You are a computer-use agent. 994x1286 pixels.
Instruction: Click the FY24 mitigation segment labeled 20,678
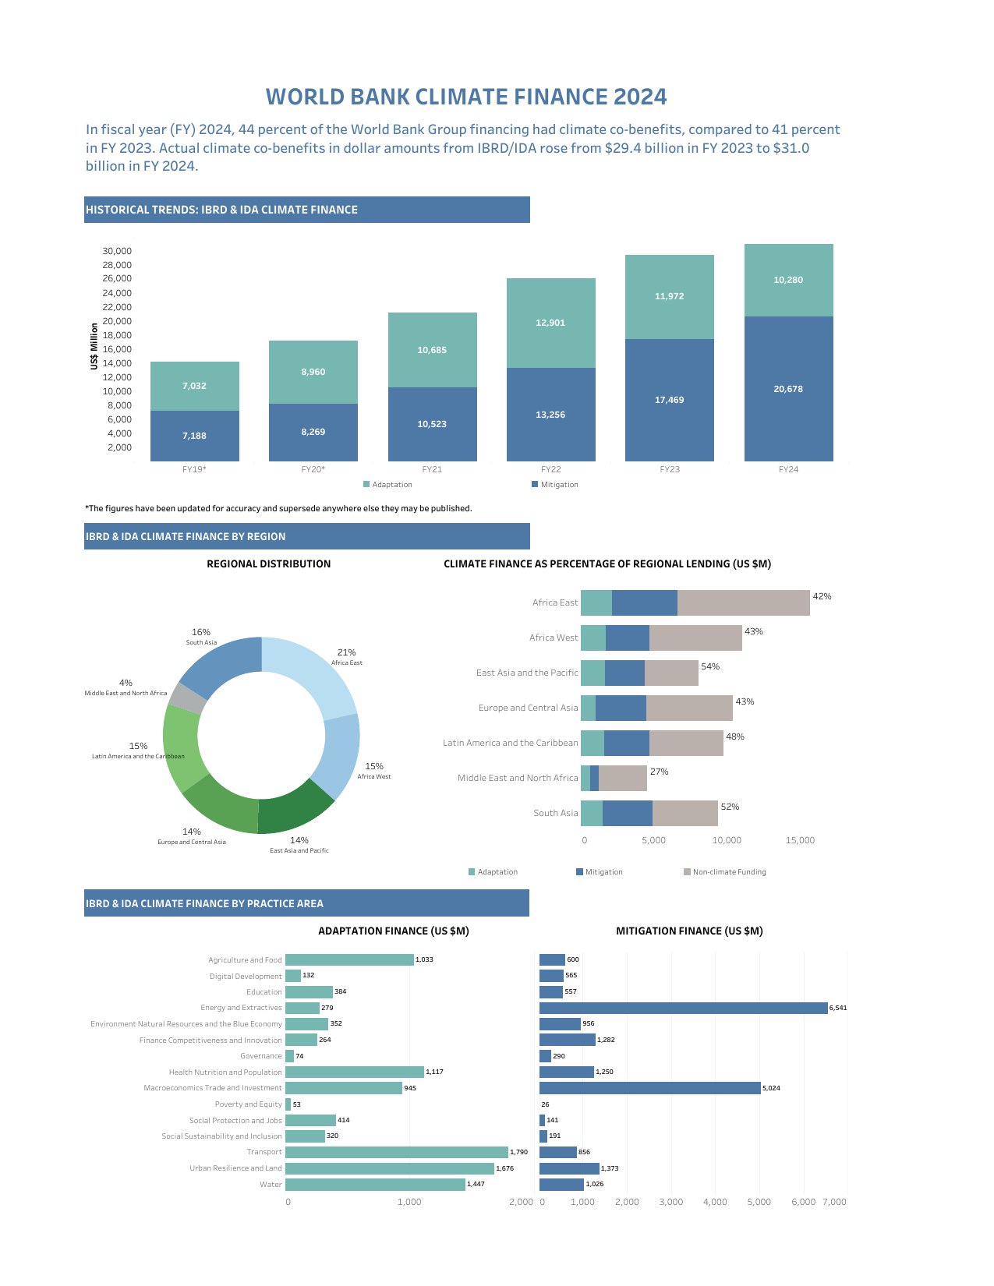pyautogui.click(x=788, y=389)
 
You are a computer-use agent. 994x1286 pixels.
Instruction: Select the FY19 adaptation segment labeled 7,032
pyautogui.click(x=194, y=386)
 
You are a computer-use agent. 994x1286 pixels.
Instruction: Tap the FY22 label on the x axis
pyautogui.click(x=550, y=469)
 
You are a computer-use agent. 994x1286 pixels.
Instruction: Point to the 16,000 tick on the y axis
pyautogui.click(x=117, y=349)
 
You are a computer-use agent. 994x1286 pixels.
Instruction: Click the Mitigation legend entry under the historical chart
pyautogui.click(x=555, y=485)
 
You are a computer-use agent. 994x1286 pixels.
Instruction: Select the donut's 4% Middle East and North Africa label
pyautogui.click(x=126, y=687)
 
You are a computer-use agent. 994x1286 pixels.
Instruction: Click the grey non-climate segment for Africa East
pyautogui.click(x=743, y=602)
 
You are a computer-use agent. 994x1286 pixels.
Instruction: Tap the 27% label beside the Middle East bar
pyautogui.click(x=659, y=772)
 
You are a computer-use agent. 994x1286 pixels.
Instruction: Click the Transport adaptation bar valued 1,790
pyautogui.click(x=396, y=1152)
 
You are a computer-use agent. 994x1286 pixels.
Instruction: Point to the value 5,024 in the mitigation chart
pyautogui.click(x=771, y=1088)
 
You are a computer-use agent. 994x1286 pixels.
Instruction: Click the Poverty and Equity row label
pyautogui.click(x=248, y=1104)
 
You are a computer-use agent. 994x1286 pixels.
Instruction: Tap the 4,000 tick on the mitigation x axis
pyautogui.click(x=715, y=1202)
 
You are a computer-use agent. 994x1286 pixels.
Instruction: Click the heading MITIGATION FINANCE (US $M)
pyautogui.click(x=689, y=931)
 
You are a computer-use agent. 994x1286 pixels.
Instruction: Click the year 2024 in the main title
pyautogui.click(x=639, y=97)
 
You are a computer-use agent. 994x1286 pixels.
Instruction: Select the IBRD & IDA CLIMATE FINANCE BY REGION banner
pyautogui.click(x=306, y=536)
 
